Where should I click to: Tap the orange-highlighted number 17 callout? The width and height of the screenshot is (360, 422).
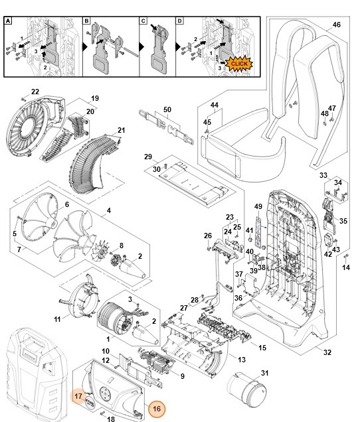[78, 396]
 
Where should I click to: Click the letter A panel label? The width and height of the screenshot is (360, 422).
[9, 21]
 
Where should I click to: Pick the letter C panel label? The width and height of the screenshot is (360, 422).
[143, 21]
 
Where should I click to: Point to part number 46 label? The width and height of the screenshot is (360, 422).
[336, 25]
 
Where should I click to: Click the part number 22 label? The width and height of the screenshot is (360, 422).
[35, 91]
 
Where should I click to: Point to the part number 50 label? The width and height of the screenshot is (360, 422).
[167, 108]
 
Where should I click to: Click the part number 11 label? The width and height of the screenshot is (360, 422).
[57, 320]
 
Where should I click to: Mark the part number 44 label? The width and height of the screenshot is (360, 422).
[214, 105]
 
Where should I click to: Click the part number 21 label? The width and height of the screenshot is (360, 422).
[121, 129]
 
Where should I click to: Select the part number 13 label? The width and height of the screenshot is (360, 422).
[241, 359]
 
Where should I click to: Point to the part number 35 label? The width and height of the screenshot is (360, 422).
[343, 220]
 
